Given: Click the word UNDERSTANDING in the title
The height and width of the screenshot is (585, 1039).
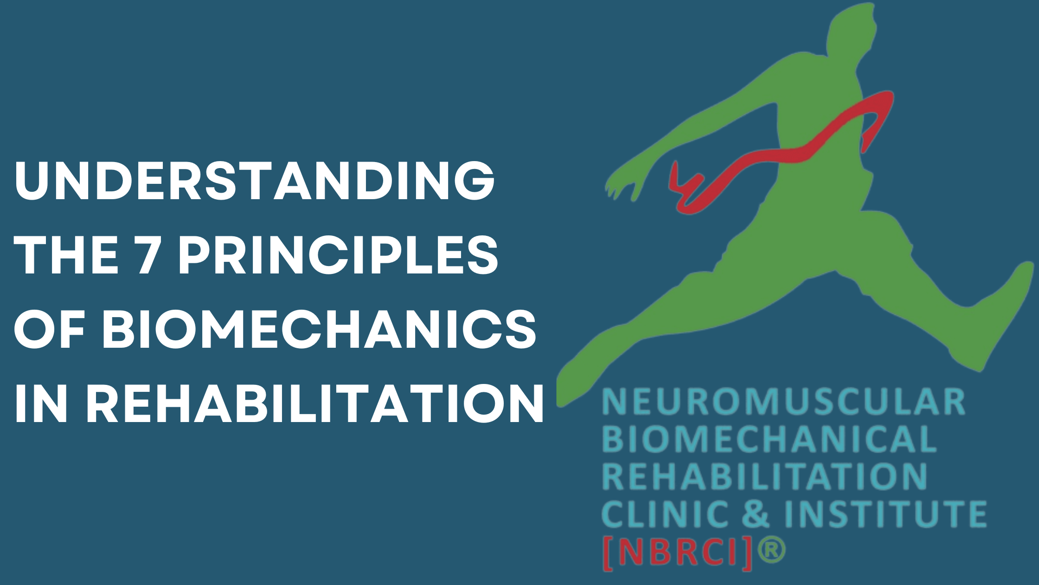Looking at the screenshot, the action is click(255, 181).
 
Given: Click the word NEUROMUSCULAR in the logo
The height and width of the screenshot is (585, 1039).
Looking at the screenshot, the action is click(783, 402).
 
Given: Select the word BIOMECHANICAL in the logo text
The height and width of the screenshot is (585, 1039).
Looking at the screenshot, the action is click(769, 439).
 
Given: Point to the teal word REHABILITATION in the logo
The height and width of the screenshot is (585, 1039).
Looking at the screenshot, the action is click(764, 476).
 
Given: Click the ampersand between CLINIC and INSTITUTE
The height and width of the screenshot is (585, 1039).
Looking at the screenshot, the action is click(755, 513).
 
